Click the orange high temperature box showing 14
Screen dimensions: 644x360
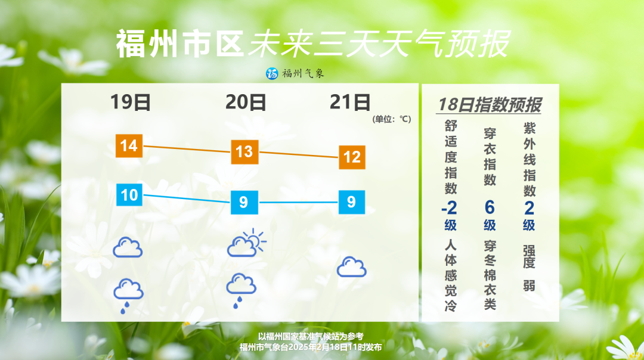point(129,145)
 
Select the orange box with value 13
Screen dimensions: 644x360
point(245,152)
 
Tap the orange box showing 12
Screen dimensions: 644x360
point(352,157)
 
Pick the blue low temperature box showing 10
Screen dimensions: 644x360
point(129,194)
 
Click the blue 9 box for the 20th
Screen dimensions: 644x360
point(244,202)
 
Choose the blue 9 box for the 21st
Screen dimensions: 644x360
point(352,202)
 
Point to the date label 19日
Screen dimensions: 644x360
point(131,102)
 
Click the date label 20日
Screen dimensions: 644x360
point(246,102)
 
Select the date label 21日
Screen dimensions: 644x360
point(350,102)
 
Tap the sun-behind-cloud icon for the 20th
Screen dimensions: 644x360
point(246,243)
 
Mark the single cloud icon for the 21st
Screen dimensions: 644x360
point(352,267)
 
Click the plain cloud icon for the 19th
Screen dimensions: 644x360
point(128,247)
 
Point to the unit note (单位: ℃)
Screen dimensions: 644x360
point(392,119)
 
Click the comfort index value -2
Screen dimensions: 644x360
point(450,208)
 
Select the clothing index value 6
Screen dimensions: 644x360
point(489,207)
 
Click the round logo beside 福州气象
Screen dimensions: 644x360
point(272,73)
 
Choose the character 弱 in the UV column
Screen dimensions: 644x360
point(529,285)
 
